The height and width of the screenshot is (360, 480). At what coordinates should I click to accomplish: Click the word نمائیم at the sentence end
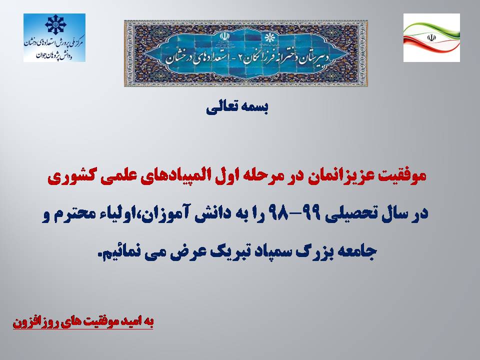120,251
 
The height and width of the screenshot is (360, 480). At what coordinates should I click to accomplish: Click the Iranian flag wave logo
431,37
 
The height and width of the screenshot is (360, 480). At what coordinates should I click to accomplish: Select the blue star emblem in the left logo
55,24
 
